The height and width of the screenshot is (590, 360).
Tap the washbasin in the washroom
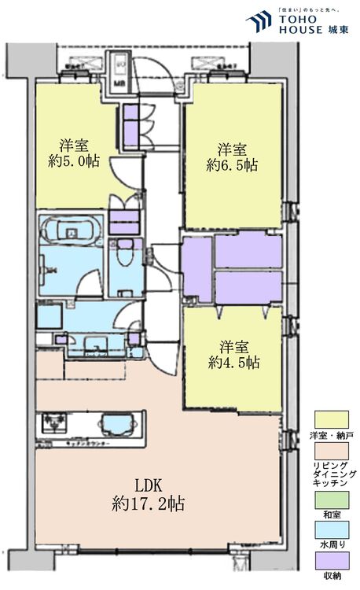[97, 344]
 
